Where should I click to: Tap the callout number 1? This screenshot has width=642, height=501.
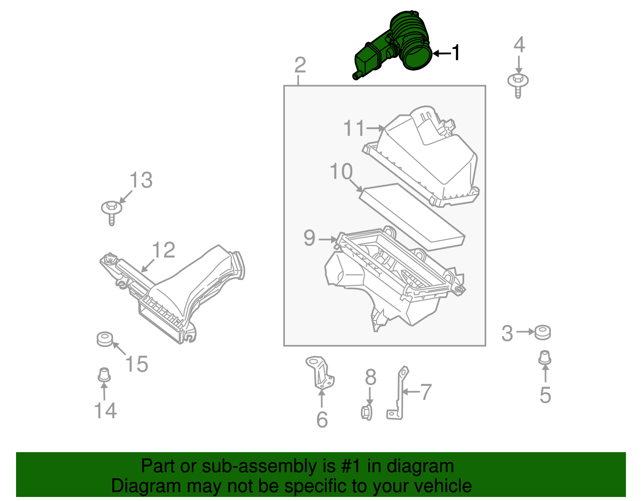click(455, 53)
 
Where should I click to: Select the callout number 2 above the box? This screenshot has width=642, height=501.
click(300, 65)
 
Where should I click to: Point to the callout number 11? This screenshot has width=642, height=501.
click(354, 128)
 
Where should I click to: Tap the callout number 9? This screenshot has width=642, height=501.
click(309, 238)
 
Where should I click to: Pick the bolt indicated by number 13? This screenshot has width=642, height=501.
click(112, 211)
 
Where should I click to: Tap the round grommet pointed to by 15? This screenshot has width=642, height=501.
click(105, 339)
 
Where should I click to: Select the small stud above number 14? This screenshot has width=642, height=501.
click(104, 375)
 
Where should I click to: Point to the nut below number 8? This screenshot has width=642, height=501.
click(366, 412)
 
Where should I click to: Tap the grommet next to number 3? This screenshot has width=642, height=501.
click(542, 332)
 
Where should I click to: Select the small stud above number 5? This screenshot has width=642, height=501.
click(544, 358)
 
